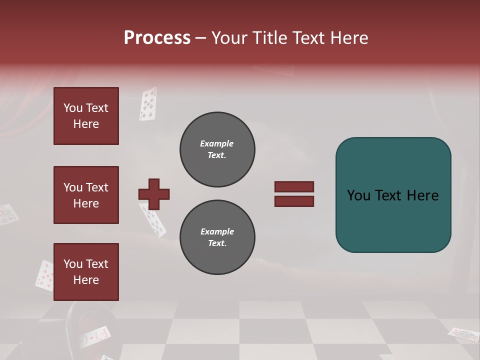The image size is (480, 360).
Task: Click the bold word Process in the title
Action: coord(157,38)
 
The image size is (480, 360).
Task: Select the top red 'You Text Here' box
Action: coord(86,116)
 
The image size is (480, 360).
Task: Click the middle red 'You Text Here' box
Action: coord(86,195)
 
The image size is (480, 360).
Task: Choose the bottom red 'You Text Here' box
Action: coord(86,272)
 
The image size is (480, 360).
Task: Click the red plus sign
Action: coord(154,194)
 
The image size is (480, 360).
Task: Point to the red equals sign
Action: coord(294,194)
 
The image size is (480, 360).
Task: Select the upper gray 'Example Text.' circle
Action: coord(217,149)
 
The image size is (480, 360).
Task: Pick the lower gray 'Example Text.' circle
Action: coord(217,237)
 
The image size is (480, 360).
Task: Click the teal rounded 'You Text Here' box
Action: coord(393,195)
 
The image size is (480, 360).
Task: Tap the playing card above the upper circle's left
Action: coord(148,104)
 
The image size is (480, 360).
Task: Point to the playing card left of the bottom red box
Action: coord(44,275)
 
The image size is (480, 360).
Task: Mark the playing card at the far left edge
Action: coord(8,214)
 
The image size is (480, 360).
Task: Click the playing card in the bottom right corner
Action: coord(463,334)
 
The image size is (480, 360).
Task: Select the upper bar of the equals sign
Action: coord(294,187)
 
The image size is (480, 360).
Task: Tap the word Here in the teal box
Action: coord(422,195)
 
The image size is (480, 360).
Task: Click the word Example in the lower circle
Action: coord(217,231)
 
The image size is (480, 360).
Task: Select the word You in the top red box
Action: coord(73,108)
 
